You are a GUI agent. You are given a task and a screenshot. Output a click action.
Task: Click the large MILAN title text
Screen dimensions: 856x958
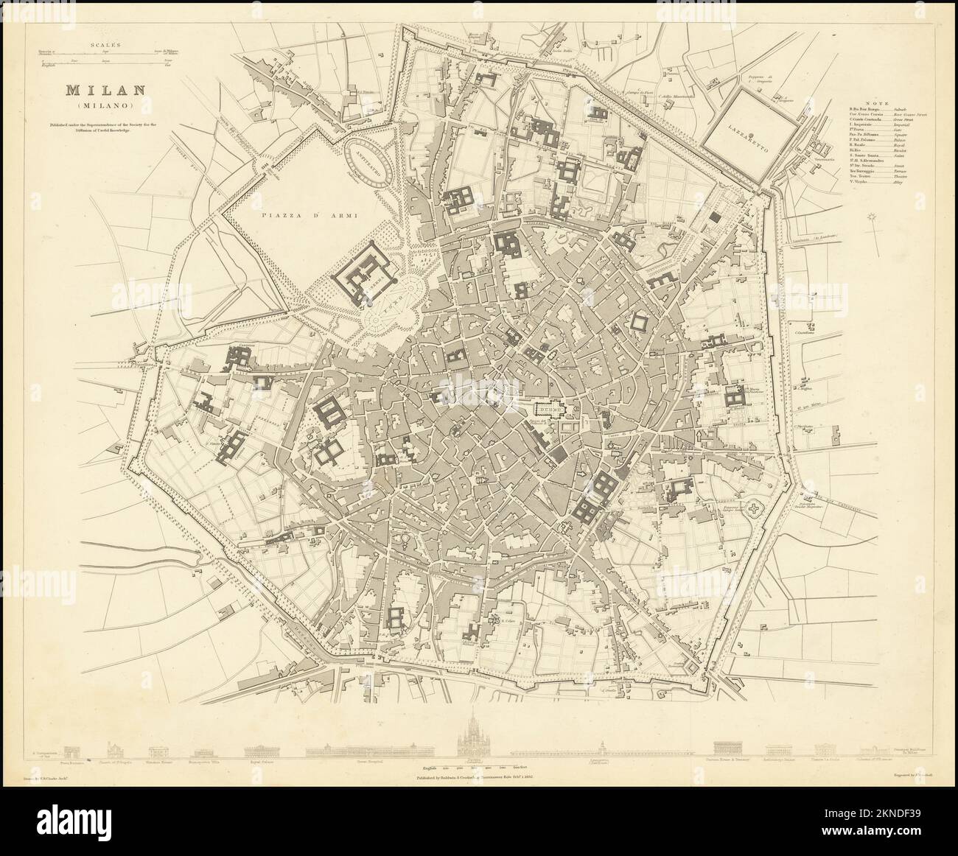[98, 91]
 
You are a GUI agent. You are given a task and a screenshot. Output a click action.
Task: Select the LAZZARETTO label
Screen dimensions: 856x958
[750, 140]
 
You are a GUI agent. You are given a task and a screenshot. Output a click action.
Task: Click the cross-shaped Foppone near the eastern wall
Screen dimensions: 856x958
[755, 509]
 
